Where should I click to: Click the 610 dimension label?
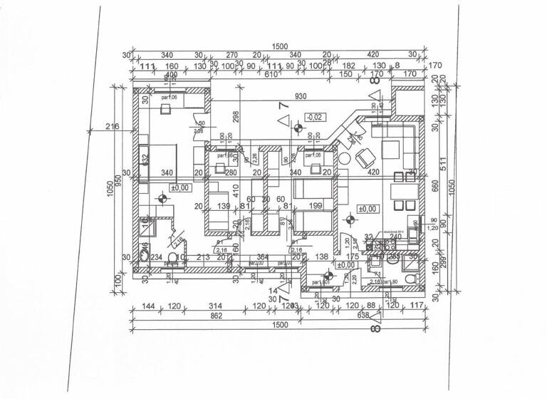269,73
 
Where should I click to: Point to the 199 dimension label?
316,207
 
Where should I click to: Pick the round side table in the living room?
345,160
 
